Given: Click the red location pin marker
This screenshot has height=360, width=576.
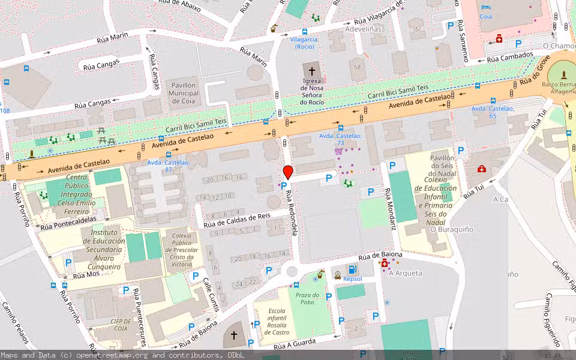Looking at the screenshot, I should [x=287, y=172].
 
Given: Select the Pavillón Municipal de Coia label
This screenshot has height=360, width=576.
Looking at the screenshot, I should [x=183, y=94].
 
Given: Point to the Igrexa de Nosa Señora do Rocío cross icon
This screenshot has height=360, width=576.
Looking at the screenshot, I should [x=311, y=71].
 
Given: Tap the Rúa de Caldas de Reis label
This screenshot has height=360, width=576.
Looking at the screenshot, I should [x=237, y=220].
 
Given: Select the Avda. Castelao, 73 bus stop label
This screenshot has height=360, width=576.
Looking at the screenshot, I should [x=340, y=140].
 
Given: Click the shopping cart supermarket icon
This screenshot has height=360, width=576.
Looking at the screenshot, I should [x=338, y=152].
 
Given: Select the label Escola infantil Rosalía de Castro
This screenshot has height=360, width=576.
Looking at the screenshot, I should [x=277, y=321].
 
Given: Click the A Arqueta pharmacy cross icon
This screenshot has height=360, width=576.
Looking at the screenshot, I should [x=385, y=263].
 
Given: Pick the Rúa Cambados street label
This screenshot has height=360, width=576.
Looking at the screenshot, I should [x=509, y=58].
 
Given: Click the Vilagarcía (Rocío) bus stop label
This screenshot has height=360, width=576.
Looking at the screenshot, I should [x=304, y=43].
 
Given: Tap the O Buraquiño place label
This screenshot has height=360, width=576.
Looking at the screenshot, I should [x=452, y=229].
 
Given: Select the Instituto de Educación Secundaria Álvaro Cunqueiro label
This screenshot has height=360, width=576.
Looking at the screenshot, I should [x=105, y=249].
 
